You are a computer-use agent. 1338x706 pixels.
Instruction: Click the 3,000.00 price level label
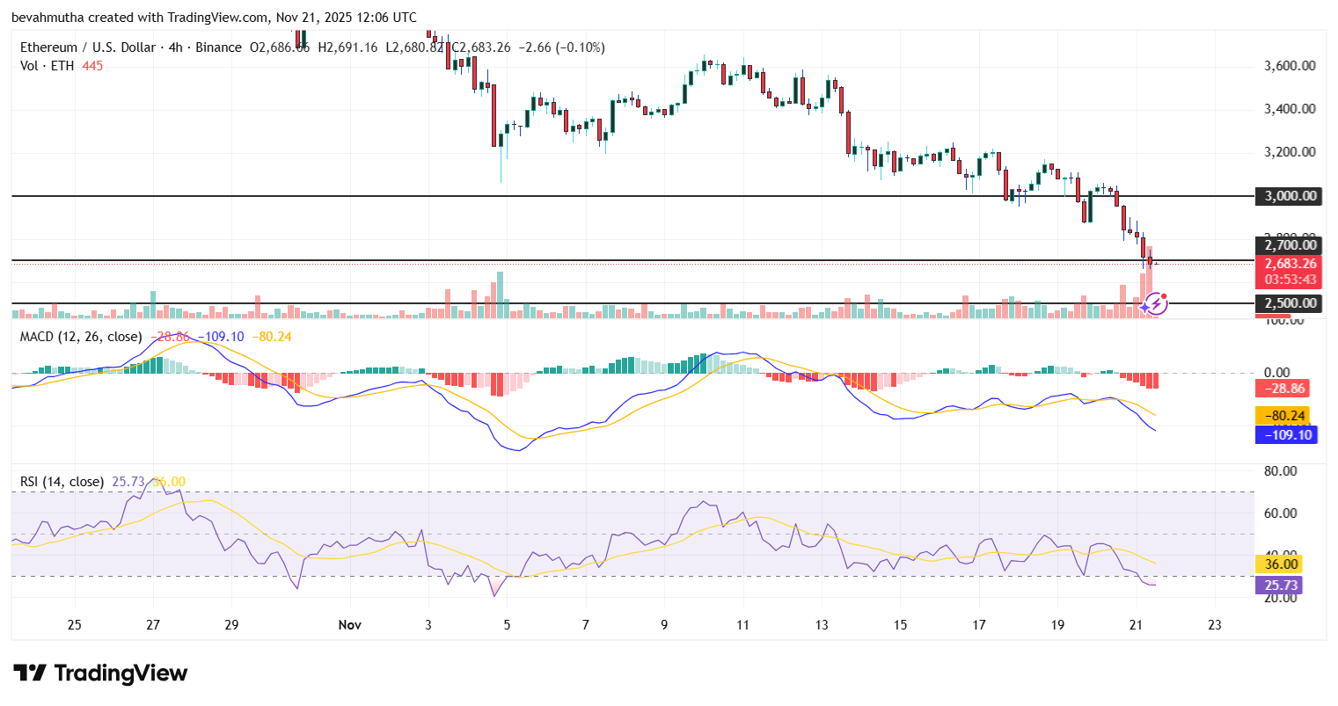[x=1290, y=196]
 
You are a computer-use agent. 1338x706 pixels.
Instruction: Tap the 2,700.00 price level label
[x=1290, y=245]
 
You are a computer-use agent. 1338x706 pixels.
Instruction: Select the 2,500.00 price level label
[x=1290, y=303]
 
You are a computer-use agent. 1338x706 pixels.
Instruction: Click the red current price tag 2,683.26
[x=1290, y=264]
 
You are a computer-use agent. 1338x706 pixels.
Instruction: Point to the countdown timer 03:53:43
[x=1290, y=280]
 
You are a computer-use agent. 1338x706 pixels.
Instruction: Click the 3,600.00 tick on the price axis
[x=1290, y=66]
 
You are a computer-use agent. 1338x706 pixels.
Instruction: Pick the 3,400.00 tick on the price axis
[x=1290, y=109]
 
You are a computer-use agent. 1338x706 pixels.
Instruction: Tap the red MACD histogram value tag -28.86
[x=1284, y=388]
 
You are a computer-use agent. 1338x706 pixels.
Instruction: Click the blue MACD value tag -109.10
[x=1287, y=434]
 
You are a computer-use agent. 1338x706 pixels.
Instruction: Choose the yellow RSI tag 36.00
[x=1282, y=564]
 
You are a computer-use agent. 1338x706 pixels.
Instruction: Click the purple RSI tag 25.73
[x=1282, y=586]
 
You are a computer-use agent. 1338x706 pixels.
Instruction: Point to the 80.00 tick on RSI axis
[x=1280, y=471]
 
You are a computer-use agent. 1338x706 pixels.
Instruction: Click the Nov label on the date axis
[x=349, y=625]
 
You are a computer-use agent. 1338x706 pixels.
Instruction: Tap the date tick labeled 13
[x=822, y=625]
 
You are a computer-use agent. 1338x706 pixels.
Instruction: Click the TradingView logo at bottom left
[x=100, y=673]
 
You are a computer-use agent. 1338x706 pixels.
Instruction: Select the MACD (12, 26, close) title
[x=82, y=337]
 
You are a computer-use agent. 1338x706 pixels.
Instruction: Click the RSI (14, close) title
[x=62, y=482]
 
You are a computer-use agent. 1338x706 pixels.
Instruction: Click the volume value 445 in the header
[x=92, y=66]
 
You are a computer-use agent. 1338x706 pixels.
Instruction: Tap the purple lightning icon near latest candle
[x=1157, y=304]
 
